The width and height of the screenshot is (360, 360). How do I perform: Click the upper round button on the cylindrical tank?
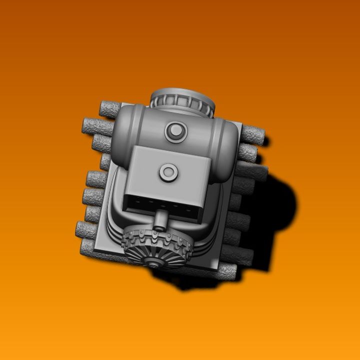pos(175,131)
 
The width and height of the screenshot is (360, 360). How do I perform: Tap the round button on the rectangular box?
pos(168,173)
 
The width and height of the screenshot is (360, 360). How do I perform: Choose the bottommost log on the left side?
pos(90,245)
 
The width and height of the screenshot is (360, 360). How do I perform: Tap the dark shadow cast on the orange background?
pos(280,210)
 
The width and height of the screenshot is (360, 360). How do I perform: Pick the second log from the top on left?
pos(98,125)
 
